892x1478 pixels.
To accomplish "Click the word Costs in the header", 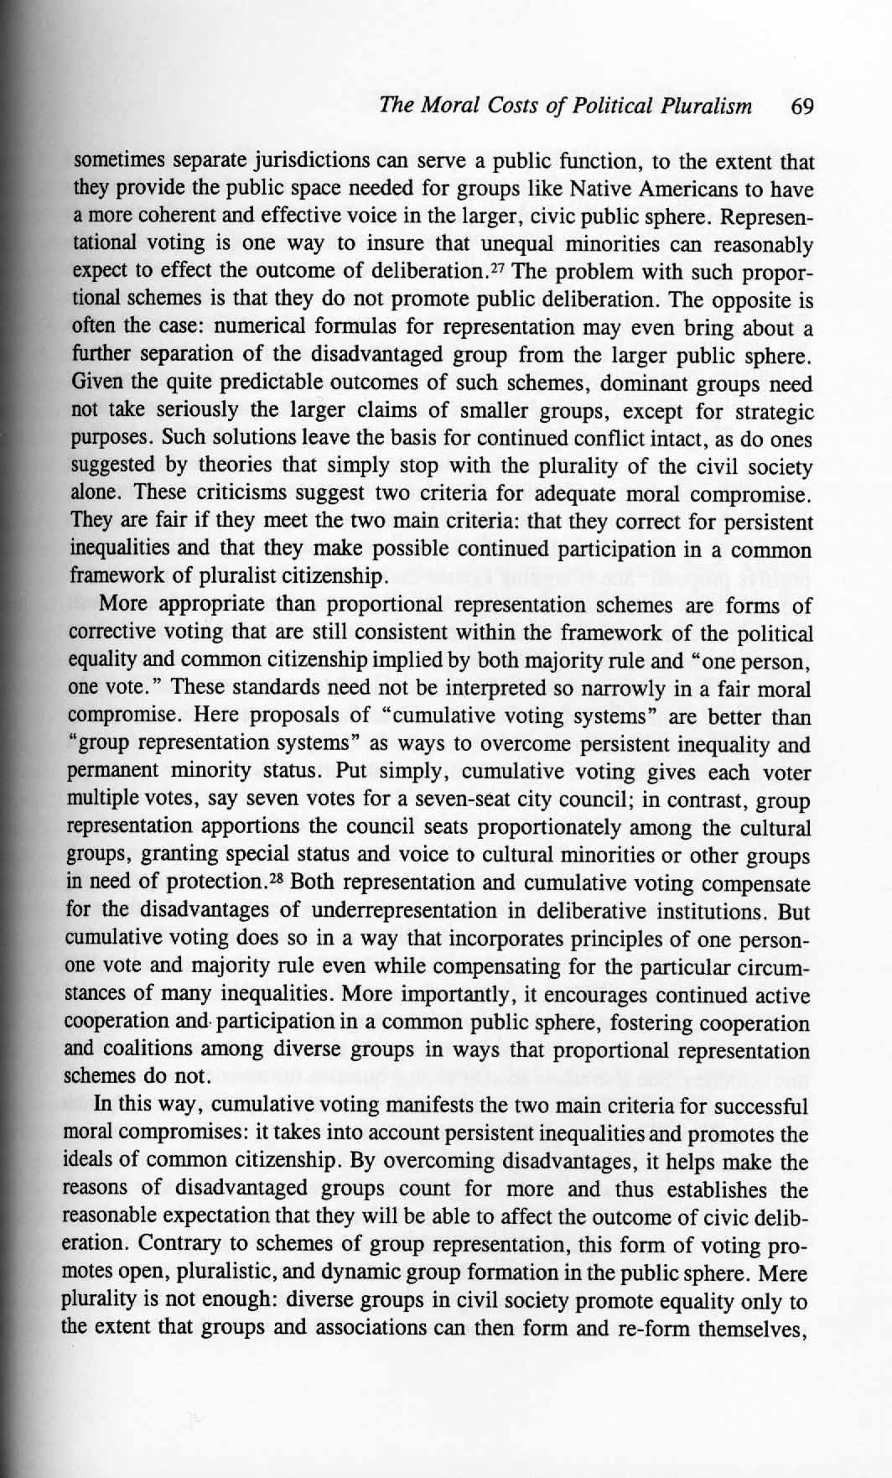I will (518, 107).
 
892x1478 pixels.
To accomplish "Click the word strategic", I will (771, 412).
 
